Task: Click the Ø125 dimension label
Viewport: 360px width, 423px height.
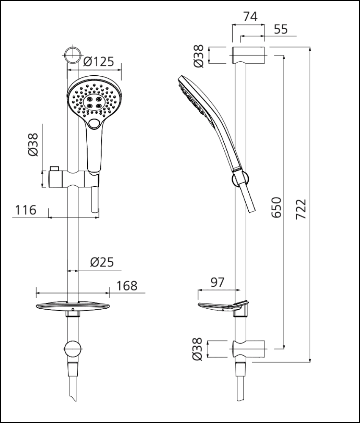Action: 99,62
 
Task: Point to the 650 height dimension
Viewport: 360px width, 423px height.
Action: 276,207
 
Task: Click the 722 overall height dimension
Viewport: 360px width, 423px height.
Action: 301,207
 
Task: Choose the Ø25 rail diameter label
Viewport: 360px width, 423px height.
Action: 102,263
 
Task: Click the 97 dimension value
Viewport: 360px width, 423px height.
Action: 217,283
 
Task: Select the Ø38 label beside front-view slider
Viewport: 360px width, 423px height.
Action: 33,145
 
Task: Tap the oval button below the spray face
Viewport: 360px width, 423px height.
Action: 96,124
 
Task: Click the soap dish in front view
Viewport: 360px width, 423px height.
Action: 73,305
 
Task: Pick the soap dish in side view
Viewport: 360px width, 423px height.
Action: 222,306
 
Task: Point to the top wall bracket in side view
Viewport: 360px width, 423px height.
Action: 248,53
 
